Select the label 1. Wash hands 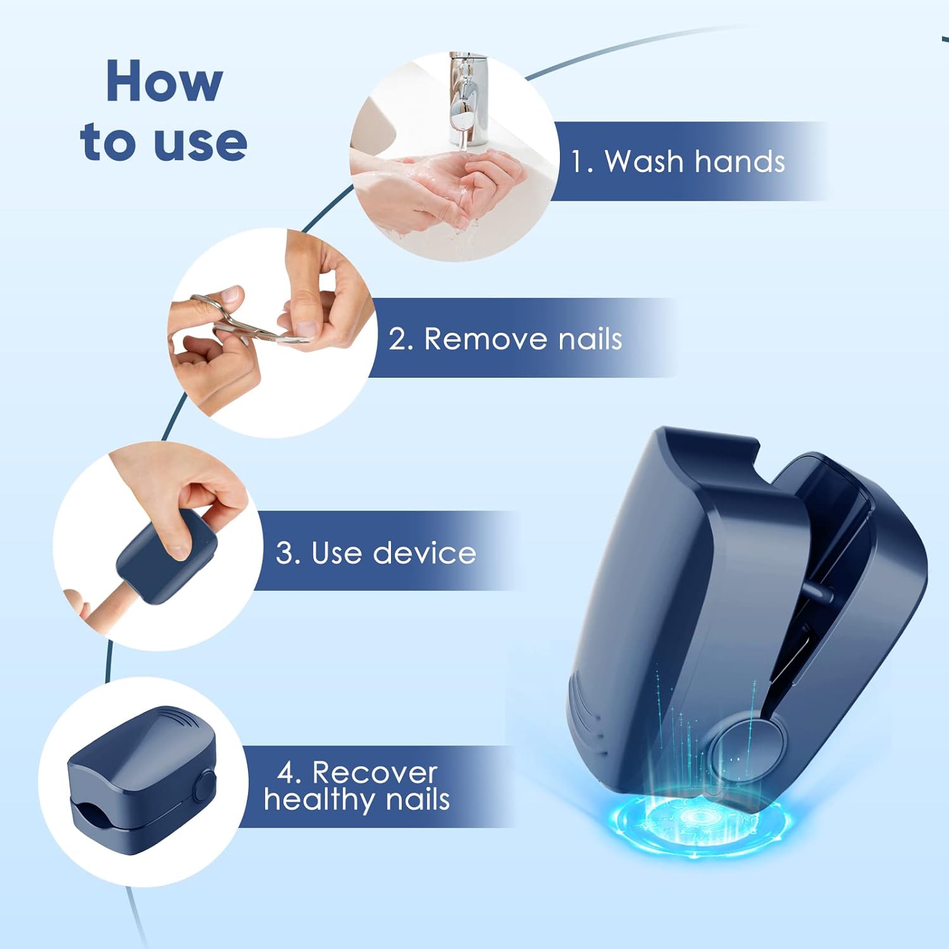678,161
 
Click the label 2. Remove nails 506,338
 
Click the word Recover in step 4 375,772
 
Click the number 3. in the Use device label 288,553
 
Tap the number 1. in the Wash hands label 582,161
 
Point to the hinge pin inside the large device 817,592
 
